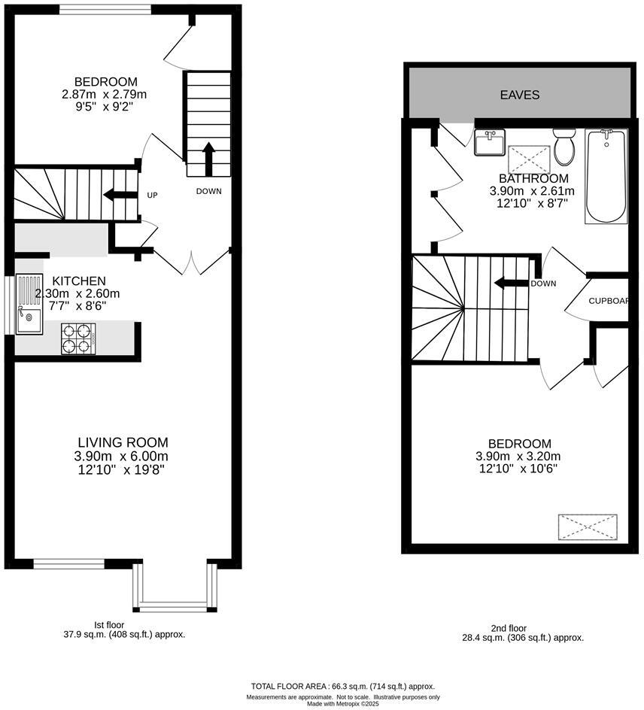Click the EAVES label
point(520,95)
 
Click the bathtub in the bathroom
point(606,176)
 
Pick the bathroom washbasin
point(490,142)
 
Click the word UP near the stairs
point(152,196)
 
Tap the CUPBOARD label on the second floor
point(609,301)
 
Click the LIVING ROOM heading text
point(123,442)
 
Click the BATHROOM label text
point(533,178)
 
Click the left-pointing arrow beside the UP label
point(120,195)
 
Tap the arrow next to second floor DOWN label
point(509,284)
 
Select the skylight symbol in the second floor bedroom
point(588,526)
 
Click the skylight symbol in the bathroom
point(530,159)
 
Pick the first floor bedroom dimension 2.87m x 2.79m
point(105,95)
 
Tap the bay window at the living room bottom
point(174,587)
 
